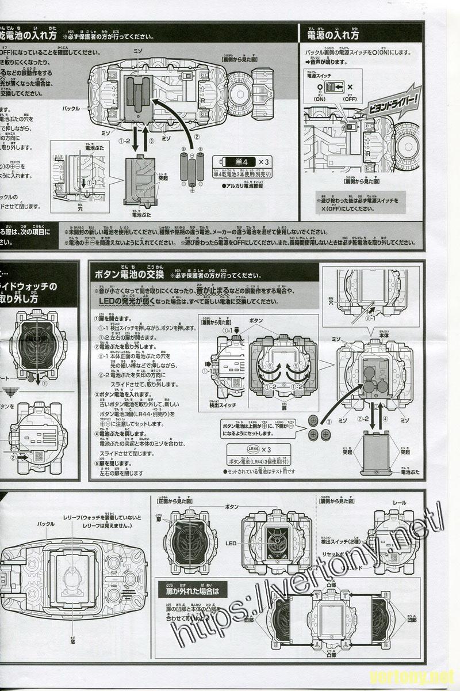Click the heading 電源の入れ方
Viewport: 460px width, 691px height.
coord(333,35)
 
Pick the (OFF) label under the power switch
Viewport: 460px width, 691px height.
coord(350,99)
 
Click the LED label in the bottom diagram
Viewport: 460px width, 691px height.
coord(232,543)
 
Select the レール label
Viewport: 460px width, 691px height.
coord(399,503)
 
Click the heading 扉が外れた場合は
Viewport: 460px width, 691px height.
coord(195,590)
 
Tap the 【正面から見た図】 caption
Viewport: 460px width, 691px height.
coord(172,501)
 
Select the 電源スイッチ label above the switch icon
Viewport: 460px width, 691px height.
coord(320,75)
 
